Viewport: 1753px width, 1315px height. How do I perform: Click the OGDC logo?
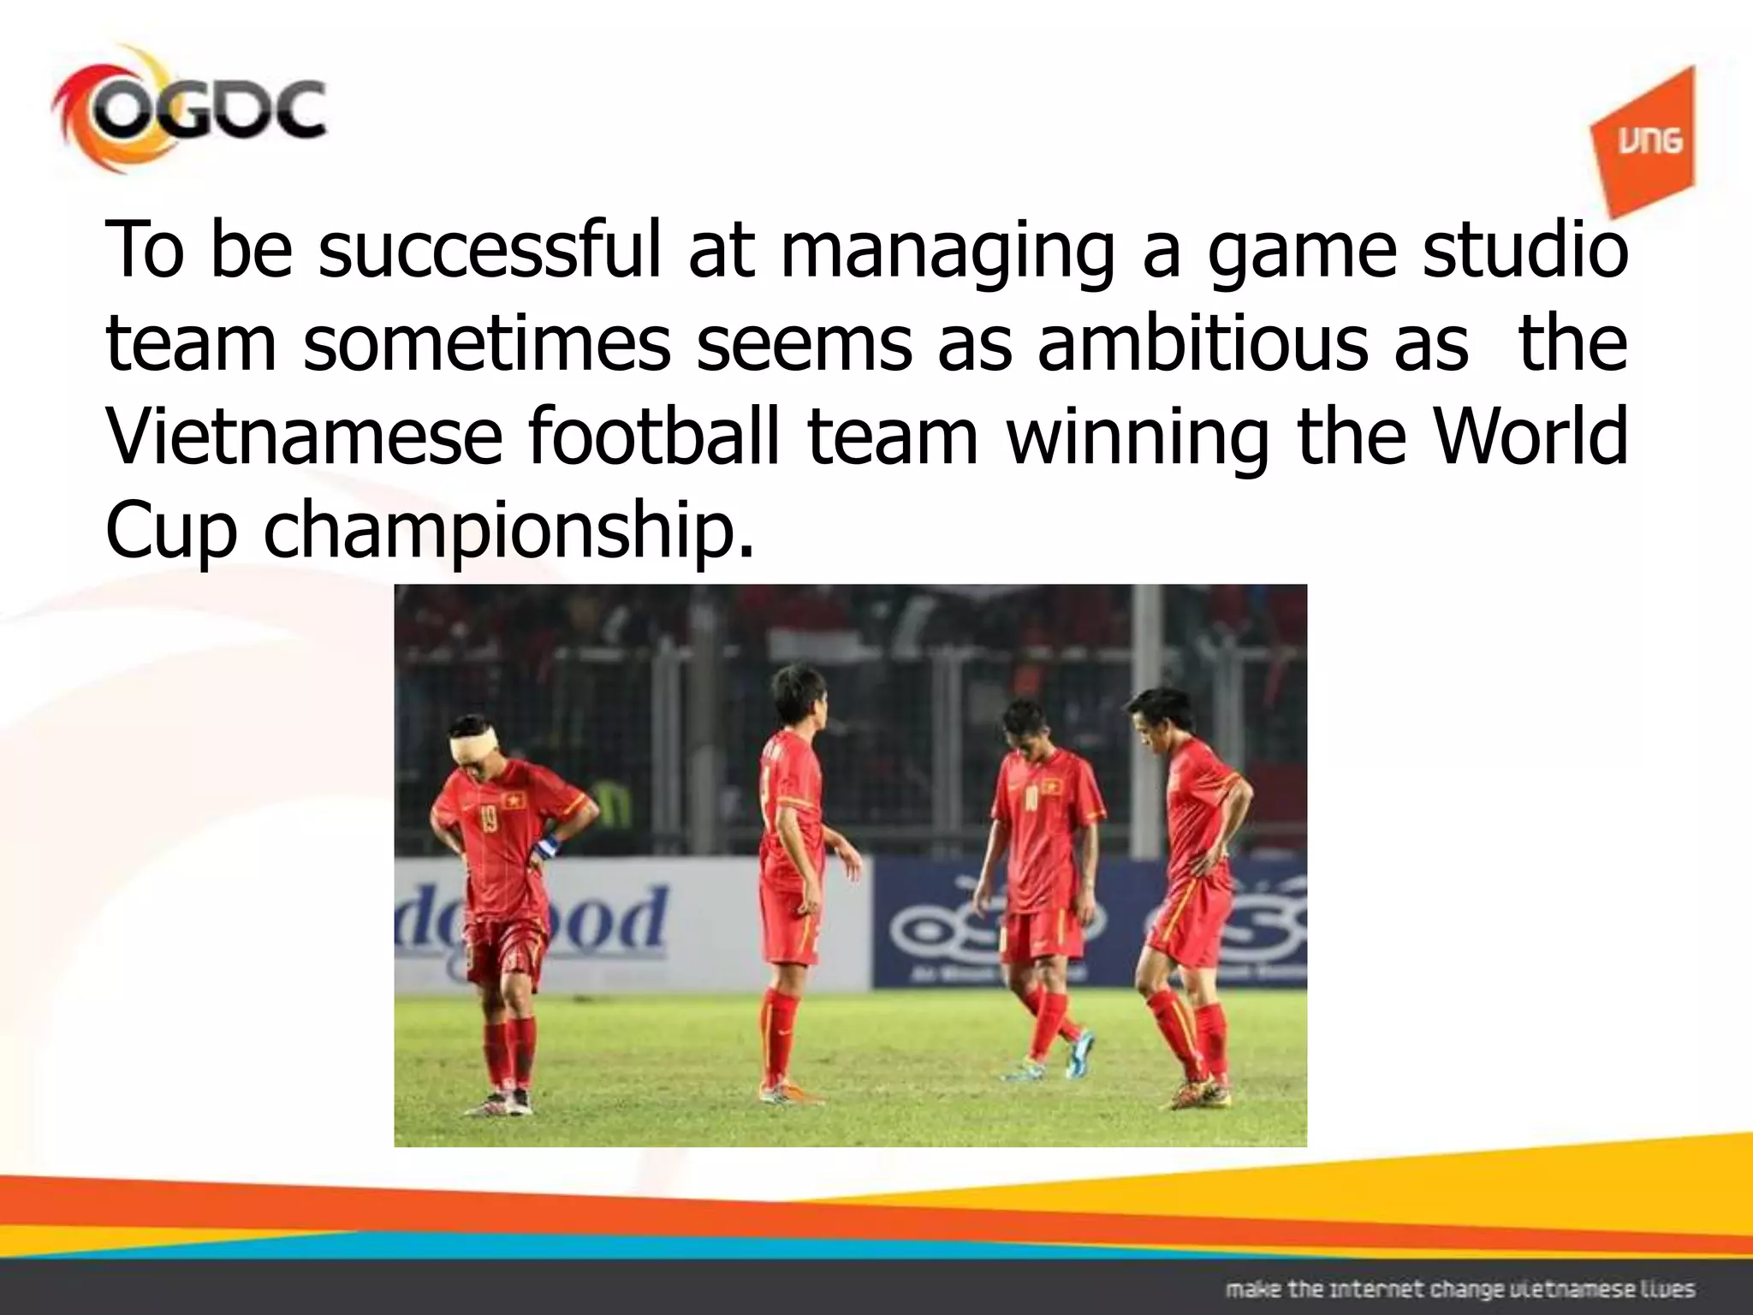tap(188, 111)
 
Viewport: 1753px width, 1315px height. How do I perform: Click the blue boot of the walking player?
tap(1078, 1052)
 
